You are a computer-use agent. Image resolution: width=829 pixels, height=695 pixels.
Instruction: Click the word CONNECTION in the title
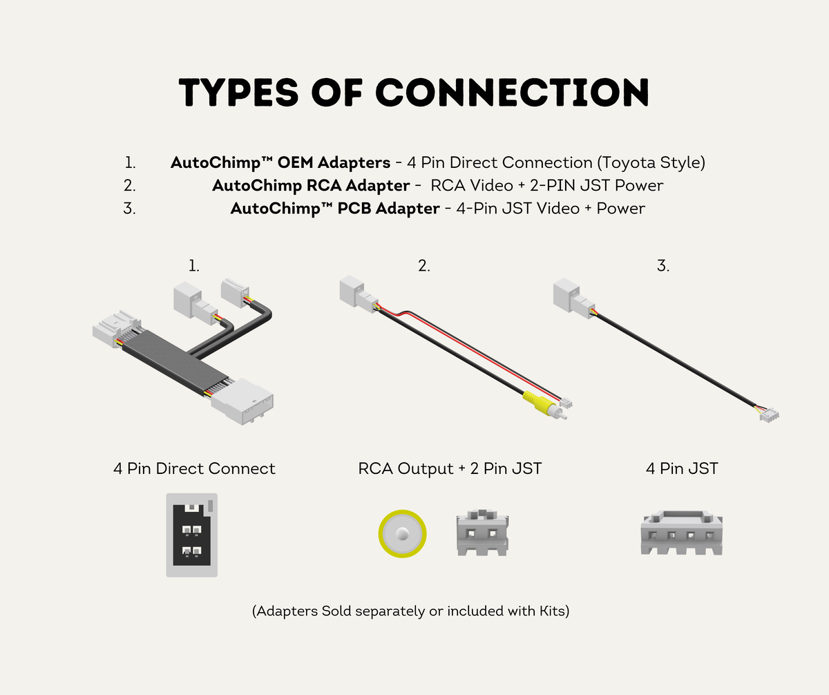tap(512, 93)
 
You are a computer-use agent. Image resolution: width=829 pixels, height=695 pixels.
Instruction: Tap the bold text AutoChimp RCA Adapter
tap(311, 185)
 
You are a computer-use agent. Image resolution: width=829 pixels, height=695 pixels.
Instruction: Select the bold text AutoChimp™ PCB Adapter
tap(334, 209)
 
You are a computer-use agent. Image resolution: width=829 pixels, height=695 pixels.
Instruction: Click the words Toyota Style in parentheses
tap(651, 162)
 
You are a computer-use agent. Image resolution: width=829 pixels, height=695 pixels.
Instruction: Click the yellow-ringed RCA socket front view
tap(402, 534)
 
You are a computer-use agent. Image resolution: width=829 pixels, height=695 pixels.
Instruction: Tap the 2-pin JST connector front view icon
tap(482, 533)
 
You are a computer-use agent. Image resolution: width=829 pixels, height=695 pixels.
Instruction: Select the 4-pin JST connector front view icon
tap(682, 533)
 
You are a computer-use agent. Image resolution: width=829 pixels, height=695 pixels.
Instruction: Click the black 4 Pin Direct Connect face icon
tap(192, 535)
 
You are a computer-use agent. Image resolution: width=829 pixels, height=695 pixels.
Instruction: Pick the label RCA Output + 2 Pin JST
tap(450, 468)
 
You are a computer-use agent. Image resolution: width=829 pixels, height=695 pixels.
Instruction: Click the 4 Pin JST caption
tap(682, 468)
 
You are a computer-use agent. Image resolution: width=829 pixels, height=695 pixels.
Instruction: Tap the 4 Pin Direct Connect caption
tap(194, 468)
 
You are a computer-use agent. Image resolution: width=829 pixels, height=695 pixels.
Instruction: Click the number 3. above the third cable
tap(663, 266)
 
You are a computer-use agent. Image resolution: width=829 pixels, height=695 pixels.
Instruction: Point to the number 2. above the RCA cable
tap(423, 266)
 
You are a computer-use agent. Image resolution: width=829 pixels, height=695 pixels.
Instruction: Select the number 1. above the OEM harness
tap(193, 266)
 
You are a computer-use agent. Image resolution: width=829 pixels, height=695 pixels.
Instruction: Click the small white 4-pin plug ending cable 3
tap(770, 415)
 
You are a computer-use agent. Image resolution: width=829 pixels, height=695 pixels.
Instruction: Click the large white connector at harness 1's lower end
tap(242, 401)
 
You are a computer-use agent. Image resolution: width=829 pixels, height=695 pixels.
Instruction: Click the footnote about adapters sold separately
tap(410, 611)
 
